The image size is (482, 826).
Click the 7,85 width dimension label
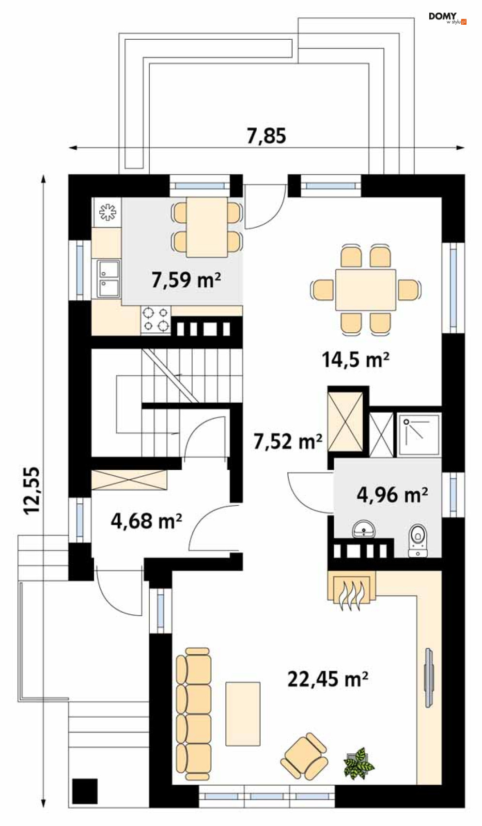point(266,136)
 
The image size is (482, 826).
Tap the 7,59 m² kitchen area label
point(186,280)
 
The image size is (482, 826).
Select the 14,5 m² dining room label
point(356,359)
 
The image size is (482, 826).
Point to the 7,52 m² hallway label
point(288,441)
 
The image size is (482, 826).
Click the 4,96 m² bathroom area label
point(392,495)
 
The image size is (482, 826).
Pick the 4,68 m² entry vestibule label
point(146,521)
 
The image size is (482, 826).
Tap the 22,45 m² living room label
point(328,679)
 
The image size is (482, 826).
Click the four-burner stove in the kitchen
point(155,320)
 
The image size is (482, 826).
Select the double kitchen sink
point(109,279)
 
